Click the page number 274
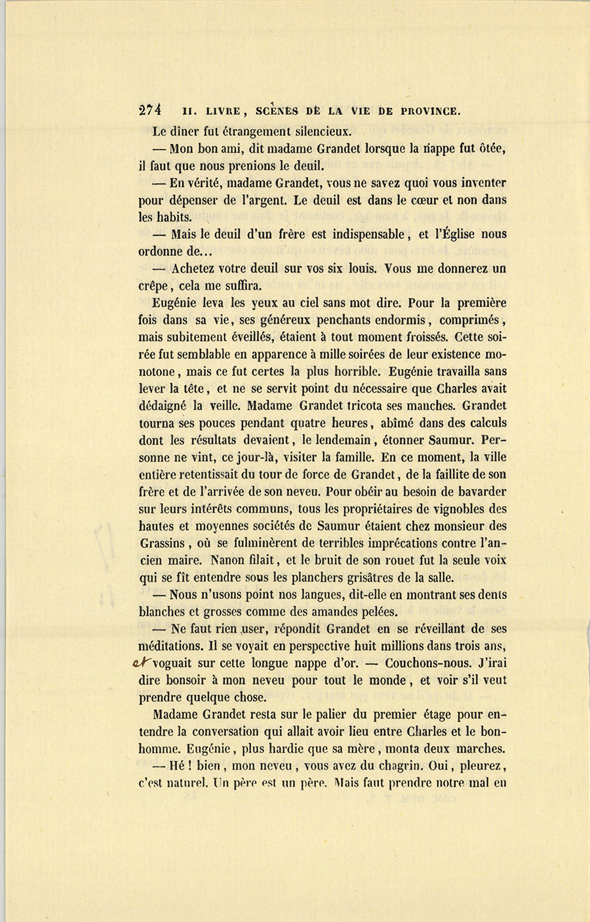(x=151, y=110)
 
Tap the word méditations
(x=174, y=646)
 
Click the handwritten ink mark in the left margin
(x=142, y=663)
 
